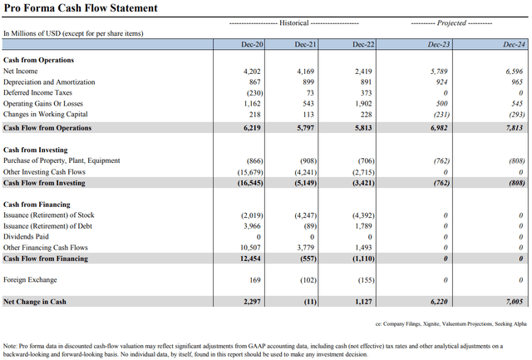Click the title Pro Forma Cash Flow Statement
click(x=80, y=8)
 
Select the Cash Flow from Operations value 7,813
click(x=509, y=128)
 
